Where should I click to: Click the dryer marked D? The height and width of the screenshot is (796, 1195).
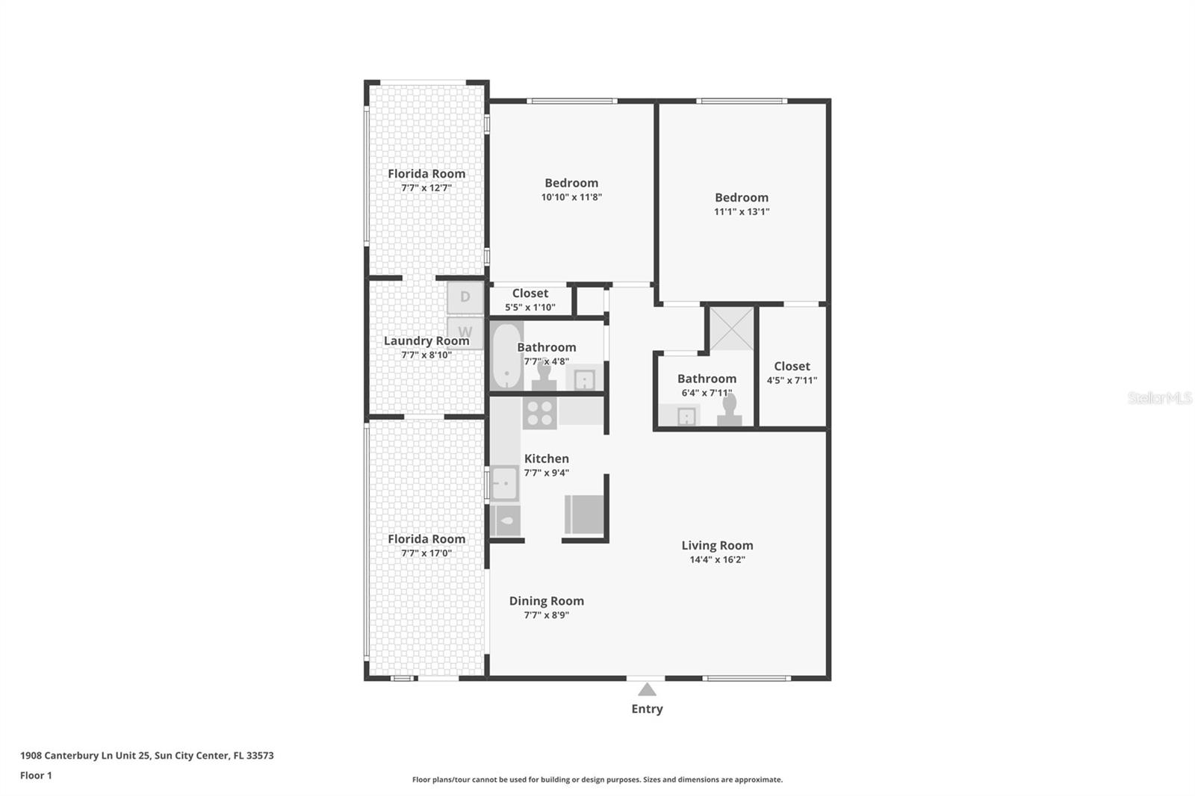465,297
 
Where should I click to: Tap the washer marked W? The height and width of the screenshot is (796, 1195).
465,332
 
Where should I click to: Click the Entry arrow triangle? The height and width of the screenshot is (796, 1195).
647,689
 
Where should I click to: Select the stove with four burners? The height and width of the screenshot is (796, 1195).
539,413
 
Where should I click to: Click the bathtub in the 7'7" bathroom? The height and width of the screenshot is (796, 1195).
507,355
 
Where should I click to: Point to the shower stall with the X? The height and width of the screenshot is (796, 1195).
731,328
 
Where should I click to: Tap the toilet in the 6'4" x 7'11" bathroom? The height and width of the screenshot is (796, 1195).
729,411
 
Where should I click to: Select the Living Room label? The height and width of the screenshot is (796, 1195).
717,545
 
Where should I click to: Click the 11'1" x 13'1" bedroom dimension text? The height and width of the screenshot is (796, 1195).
742,211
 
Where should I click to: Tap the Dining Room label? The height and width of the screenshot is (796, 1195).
546,600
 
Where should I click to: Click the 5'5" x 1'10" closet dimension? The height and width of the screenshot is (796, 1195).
530,307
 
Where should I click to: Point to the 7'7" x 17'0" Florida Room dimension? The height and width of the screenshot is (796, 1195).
426,553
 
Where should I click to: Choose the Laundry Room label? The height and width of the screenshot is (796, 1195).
426,341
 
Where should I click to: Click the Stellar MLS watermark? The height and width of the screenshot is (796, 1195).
1159,398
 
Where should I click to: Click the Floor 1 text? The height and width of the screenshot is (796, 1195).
36,775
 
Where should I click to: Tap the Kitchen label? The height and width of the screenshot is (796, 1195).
546,458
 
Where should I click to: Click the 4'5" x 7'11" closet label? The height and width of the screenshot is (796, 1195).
792,366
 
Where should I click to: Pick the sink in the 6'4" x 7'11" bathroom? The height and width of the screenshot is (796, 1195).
686,417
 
